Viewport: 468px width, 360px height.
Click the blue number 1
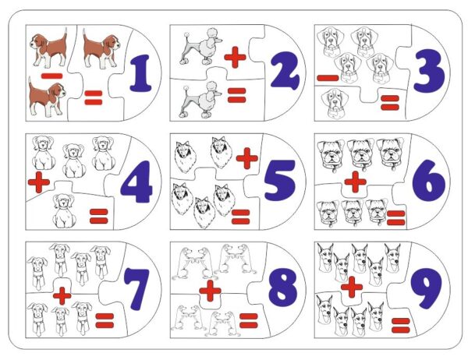click(x=141, y=73)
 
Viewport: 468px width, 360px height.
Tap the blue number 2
click(x=285, y=71)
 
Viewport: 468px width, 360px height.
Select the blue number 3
click(x=429, y=71)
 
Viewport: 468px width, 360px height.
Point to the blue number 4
click(x=136, y=182)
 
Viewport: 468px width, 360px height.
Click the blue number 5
click(x=280, y=181)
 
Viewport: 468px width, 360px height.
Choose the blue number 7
click(x=136, y=289)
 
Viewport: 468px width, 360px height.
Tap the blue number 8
click(x=282, y=288)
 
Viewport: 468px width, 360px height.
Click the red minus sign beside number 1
click(x=52, y=76)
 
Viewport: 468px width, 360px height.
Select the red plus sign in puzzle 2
click(x=235, y=57)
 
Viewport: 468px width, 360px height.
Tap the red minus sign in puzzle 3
click(x=328, y=78)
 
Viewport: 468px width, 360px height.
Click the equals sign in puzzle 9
click(x=401, y=326)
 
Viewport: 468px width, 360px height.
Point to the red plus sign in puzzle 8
click(x=210, y=291)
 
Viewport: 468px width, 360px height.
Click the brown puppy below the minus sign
click(x=47, y=97)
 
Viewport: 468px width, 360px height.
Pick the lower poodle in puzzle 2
click(x=200, y=100)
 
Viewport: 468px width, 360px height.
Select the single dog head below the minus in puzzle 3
click(x=335, y=104)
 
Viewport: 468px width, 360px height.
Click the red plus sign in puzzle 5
click(x=246, y=158)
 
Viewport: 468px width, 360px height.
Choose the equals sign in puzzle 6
click(x=396, y=217)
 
